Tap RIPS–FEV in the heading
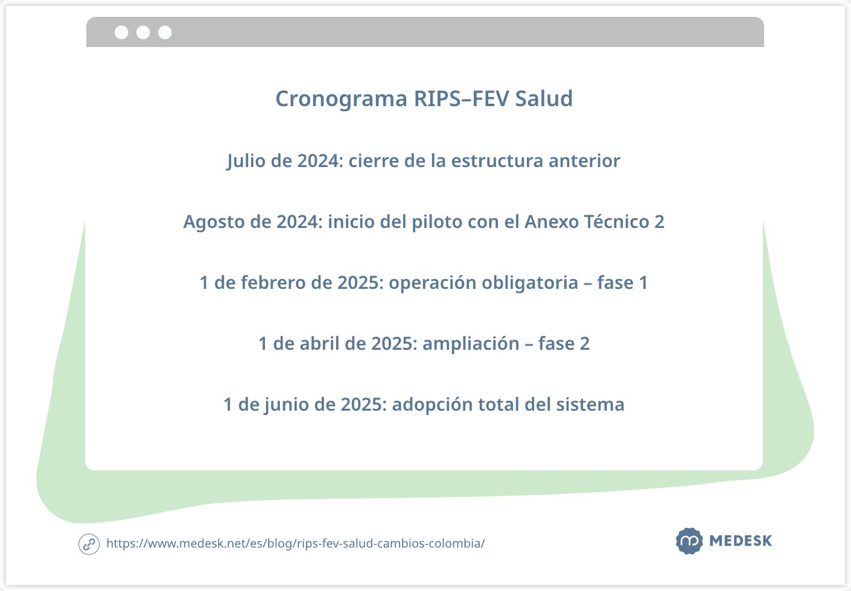click(x=461, y=99)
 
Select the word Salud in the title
click(x=544, y=99)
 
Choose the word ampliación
click(x=471, y=344)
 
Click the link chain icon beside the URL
click(x=89, y=544)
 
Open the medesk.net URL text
click(x=295, y=544)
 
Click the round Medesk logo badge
click(x=689, y=541)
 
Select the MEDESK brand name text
click(x=741, y=541)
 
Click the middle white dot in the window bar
click(x=143, y=33)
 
